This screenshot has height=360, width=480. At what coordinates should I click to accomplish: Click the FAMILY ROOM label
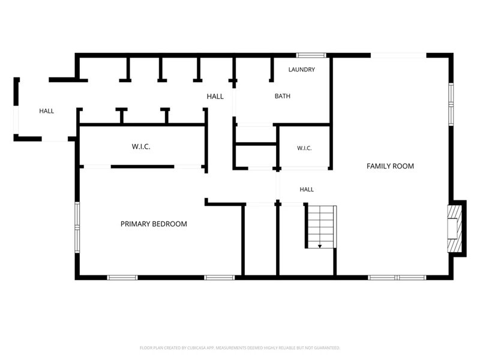(x=390, y=166)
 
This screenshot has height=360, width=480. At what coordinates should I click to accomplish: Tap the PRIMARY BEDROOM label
(x=154, y=224)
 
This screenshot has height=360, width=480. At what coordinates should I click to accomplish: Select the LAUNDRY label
(x=302, y=70)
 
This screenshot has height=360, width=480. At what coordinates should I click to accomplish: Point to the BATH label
(x=282, y=96)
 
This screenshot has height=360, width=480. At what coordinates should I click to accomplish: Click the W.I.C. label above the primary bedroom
(x=141, y=146)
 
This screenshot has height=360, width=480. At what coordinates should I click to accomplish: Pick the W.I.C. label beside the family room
(x=304, y=148)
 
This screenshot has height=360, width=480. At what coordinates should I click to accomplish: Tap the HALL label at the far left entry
(x=47, y=111)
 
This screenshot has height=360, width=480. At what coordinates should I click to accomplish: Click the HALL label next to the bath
(x=215, y=97)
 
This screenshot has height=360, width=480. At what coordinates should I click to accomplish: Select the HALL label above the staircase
(x=307, y=190)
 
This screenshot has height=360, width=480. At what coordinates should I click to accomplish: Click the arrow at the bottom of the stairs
(x=320, y=246)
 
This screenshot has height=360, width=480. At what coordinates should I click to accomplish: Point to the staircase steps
(x=320, y=227)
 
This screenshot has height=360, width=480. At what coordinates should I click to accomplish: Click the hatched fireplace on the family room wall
(x=455, y=229)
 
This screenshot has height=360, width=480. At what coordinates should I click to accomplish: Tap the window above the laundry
(x=311, y=55)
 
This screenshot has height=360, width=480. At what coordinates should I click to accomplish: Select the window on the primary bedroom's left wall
(x=77, y=227)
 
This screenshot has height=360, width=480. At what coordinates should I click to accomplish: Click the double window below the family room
(x=397, y=278)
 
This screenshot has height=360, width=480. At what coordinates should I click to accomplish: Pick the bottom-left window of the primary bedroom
(x=122, y=278)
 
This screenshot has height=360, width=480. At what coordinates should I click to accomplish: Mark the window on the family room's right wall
(x=451, y=104)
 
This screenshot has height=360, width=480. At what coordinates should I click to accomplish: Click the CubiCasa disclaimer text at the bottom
(x=240, y=348)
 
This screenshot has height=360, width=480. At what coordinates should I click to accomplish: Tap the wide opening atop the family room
(x=398, y=55)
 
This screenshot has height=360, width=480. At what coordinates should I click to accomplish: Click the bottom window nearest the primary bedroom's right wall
(x=220, y=278)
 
